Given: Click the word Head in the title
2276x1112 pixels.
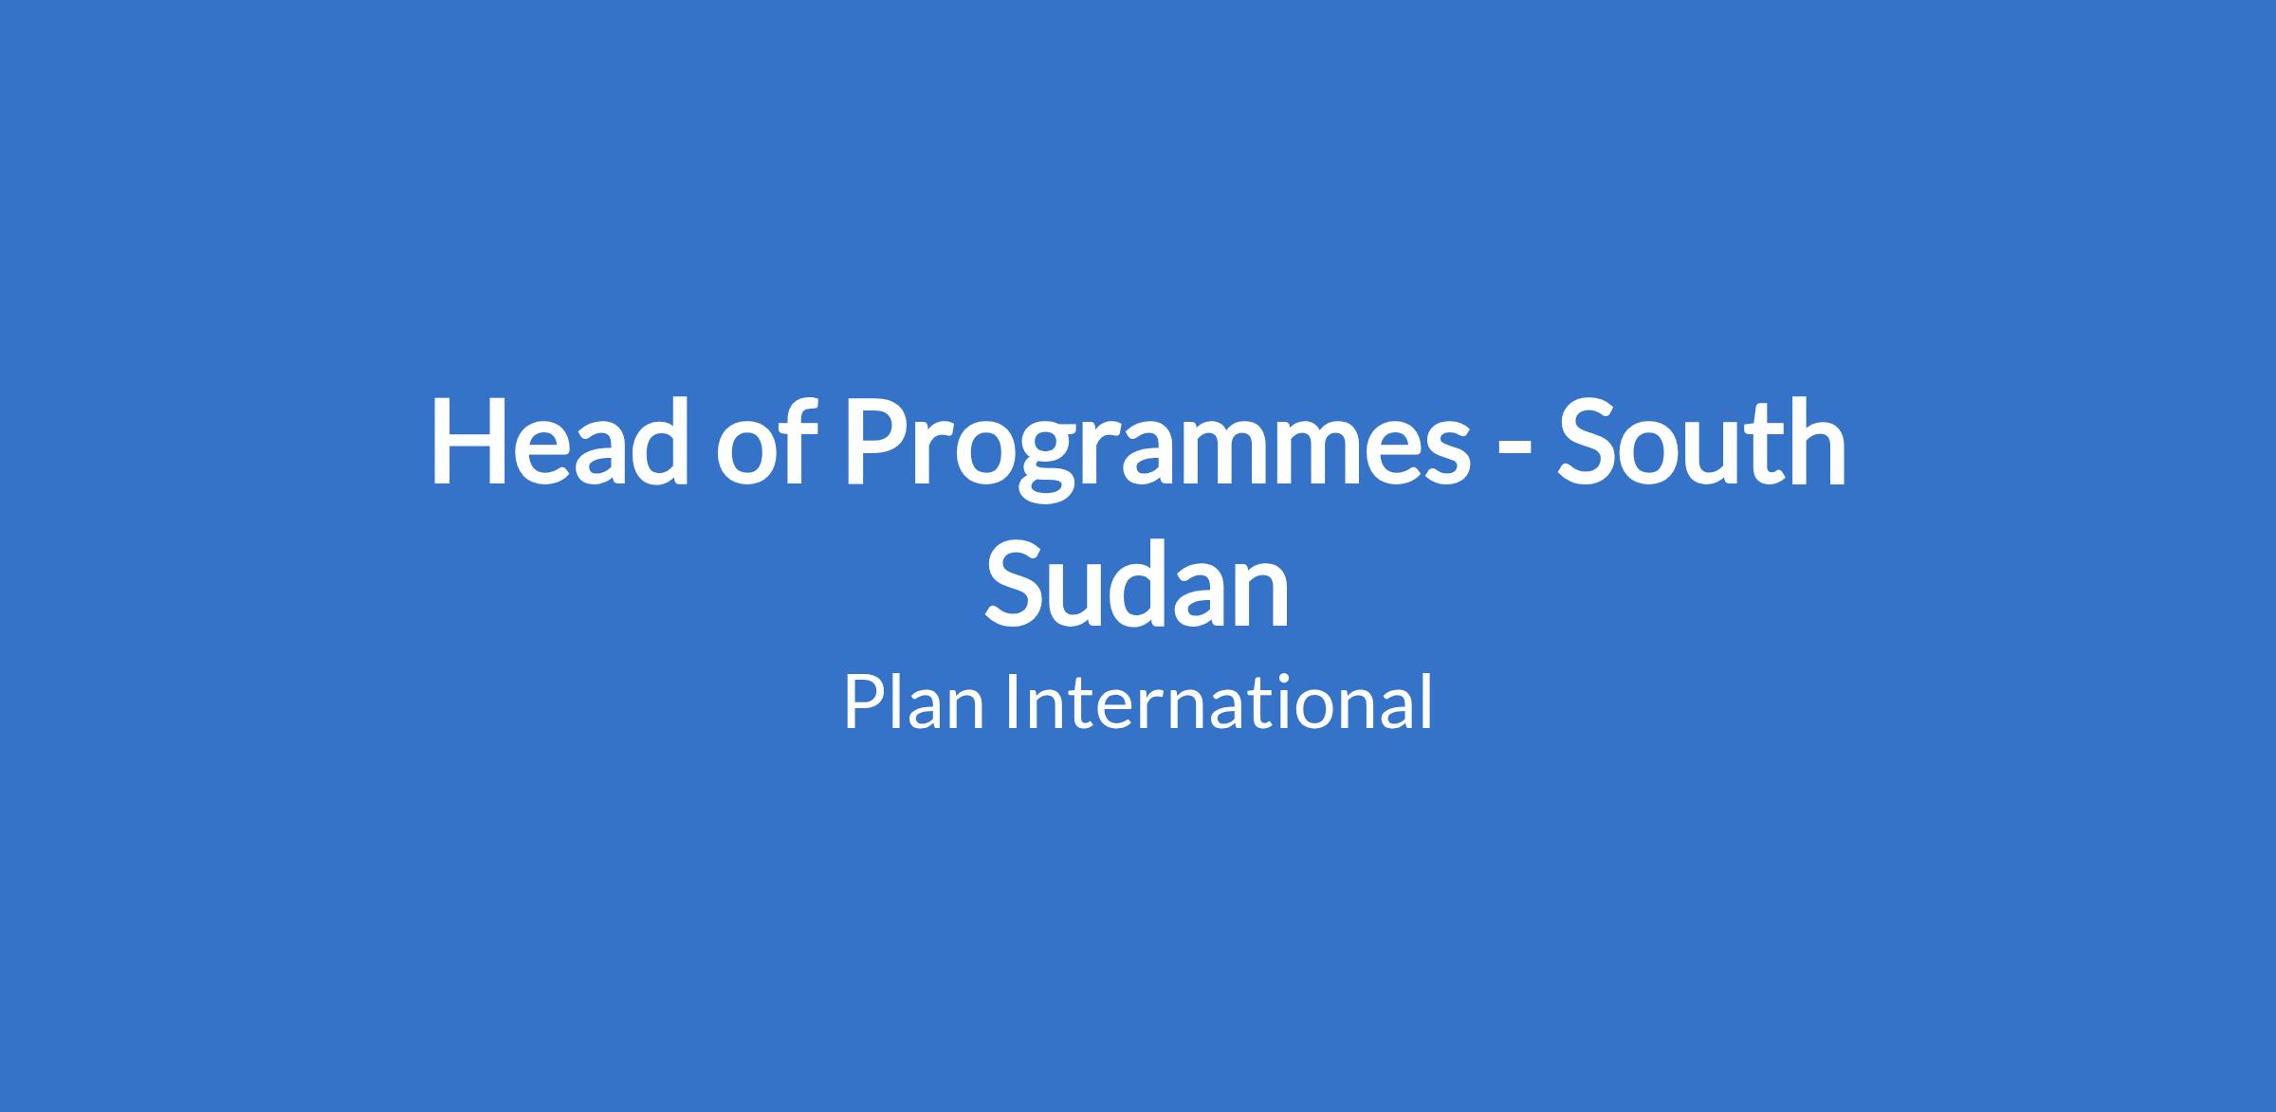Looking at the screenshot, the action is [560, 442].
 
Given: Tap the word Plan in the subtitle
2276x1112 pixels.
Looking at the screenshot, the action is [914, 702].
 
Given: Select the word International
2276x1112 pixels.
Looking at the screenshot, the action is [1219, 702].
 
